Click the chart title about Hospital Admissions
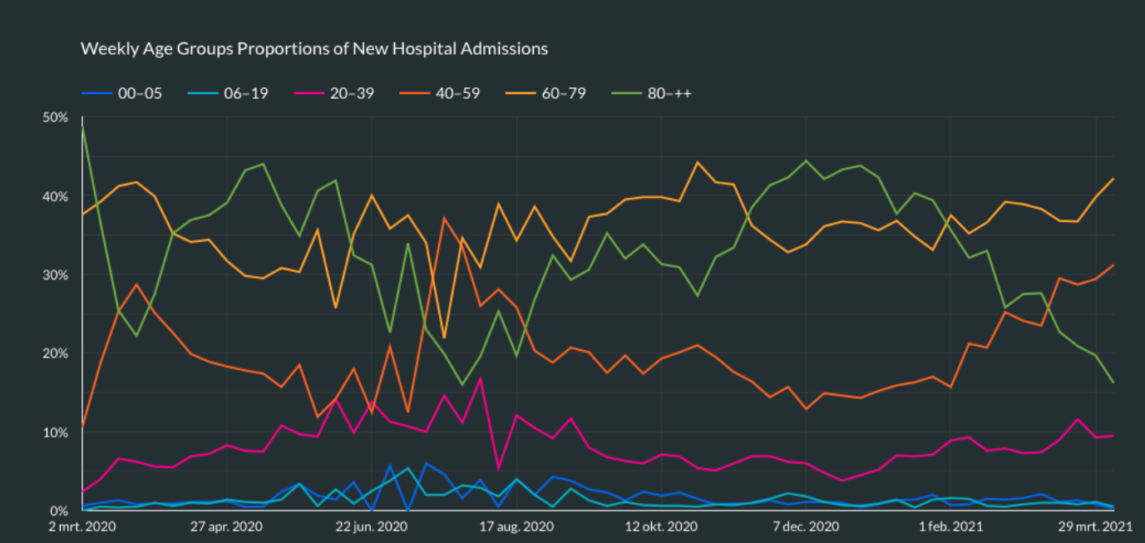[313, 48]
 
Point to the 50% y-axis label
[55, 118]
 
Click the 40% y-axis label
[55, 197]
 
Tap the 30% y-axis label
[55, 275]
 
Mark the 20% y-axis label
[55, 353]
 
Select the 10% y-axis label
[55, 432]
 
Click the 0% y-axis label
[58, 511]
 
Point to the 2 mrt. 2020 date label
[81, 526]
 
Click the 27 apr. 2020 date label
[226, 526]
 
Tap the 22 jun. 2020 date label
[372, 526]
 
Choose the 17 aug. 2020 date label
[517, 526]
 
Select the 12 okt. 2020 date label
[661, 526]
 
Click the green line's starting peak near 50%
[83, 126]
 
